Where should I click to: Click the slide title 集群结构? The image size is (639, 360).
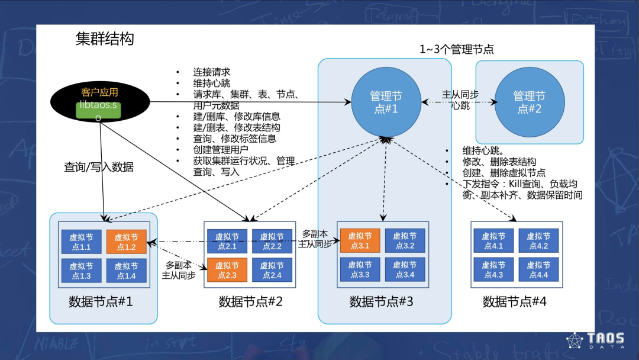pyautogui.click(x=105, y=39)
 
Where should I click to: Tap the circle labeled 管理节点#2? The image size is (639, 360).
pyautogui.click(x=529, y=102)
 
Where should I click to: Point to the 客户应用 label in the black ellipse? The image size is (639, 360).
pyautogui.click(x=99, y=92)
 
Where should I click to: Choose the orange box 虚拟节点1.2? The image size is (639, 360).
pyautogui.click(x=126, y=242)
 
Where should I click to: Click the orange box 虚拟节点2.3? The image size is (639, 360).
pyautogui.click(x=227, y=271)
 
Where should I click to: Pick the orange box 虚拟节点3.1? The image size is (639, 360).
pyautogui.click(x=360, y=241)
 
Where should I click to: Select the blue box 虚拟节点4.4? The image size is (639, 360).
pyautogui.click(x=538, y=270)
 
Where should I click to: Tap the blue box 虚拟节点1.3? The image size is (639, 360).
pyautogui.click(x=81, y=271)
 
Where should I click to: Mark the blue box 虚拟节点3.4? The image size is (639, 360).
pyautogui.click(x=405, y=270)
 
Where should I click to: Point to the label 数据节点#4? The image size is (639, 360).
pyautogui.click(x=514, y=302)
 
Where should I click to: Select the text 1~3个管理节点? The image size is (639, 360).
pyautogui.click(x=456, y=50)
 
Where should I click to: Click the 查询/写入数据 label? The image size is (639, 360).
pyautogui.click(x=98, y=168)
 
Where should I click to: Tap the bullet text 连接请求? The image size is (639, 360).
pyautogui.click(x=211, y=72)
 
